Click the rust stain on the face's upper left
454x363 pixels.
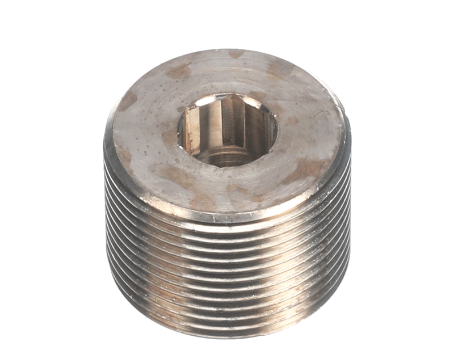coord(179,71)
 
